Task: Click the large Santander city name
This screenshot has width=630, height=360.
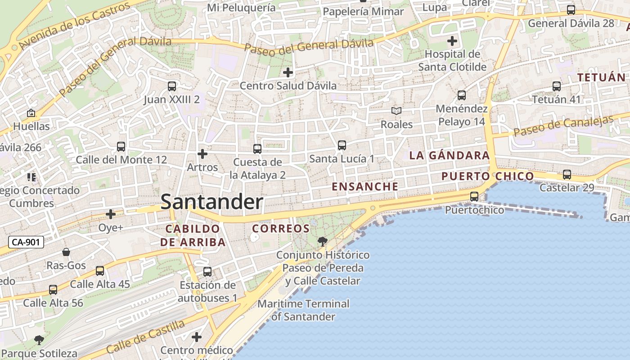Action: pyautogui.click(x=211, y=202)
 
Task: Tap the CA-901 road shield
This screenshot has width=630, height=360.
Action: pyautogui.click(x=26, y=242)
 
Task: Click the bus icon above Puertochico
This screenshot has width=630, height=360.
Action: pyautogui.click(x=474, y=196)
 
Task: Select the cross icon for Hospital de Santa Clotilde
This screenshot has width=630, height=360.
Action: pyautogui.click(x=452, y=41)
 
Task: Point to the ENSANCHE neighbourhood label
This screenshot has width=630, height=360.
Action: pyautogui.click(x=365, y=186)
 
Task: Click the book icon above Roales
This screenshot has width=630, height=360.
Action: pyautogui.click(x=396, y=111)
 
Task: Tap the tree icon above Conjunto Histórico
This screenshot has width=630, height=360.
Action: pyautogui.click(x=322, y=242)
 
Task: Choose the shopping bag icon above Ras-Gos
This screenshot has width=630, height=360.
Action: pyautogui.click(x=66, y=252)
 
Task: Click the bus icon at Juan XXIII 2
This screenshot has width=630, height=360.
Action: pyautogui.click(x=171, y=86)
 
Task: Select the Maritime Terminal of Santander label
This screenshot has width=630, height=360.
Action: pyautogui.click(x=303, y=310)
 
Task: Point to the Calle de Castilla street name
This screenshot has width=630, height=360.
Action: pyautogui.click(x=145, y=337)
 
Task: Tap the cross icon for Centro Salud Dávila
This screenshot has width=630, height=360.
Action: pyautogui.click(x=288, y=72)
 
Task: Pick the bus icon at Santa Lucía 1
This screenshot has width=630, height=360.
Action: pyautogui.click(x=342, y=145)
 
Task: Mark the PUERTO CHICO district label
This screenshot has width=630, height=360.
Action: pyautogui.click(x=487, y=176)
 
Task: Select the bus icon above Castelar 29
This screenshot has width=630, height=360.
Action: pyautogui.click(x=567, y=175)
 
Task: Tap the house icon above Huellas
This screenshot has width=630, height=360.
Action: pyautogui.click(x=31, y=113)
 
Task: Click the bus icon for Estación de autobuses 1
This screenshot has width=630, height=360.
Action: pyautogui.click(x=207, y=272)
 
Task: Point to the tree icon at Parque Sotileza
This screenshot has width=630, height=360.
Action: pyautogui.click(x=39, y=340)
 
